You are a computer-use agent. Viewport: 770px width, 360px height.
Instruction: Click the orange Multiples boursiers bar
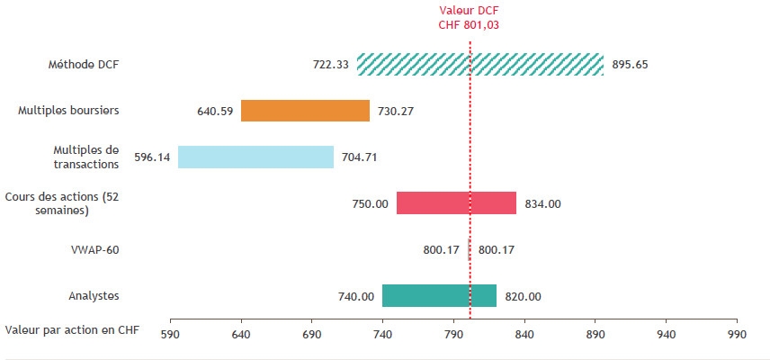[305, 111]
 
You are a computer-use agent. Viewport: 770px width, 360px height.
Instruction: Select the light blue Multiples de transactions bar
[255, 157]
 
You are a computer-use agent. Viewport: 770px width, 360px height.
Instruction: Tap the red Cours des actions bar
[456, 203]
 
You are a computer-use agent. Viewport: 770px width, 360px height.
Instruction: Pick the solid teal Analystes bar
[439, 295]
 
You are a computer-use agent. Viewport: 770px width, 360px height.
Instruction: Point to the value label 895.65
[630, 65]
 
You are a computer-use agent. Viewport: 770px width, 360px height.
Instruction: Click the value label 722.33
[330, 65]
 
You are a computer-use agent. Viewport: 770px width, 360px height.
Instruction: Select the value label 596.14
[151, 157]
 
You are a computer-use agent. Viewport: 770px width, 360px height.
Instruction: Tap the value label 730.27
[396, 112]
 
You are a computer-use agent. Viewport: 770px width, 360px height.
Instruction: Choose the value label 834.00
[542, 204]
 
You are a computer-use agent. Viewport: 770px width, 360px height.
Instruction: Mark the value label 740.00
[356, 296]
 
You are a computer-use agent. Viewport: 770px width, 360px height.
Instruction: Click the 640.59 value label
[215, 112]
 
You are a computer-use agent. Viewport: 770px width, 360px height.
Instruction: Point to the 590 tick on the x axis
[170, 331]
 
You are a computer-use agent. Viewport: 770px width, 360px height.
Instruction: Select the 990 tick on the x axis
[737, 331]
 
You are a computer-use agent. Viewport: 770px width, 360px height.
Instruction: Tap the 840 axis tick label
[524, 331]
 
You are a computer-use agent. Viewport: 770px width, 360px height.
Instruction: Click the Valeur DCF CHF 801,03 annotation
[469, 18]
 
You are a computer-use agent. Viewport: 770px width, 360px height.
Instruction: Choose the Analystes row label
[94, 295]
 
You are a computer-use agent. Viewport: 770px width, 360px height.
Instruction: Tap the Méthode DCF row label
[84, 65]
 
